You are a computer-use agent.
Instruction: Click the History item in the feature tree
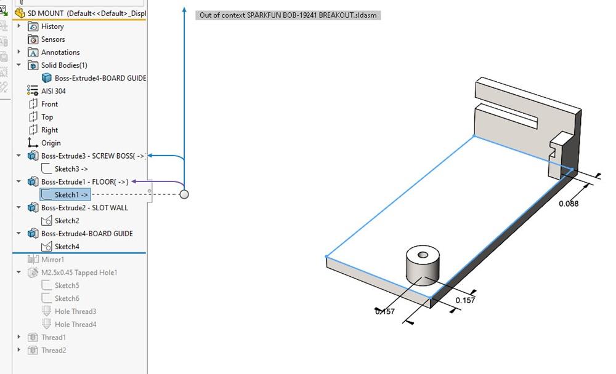click(x=52, y=26)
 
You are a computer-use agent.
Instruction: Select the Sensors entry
click(x=53, y=39)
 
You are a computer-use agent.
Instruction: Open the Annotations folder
click(x=60, y=52)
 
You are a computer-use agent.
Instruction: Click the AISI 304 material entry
click(x=53, y=91)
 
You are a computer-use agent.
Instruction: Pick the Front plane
click(x=49, y=104)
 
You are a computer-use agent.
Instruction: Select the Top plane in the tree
click(x=47, y=117)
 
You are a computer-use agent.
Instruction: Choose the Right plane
click(x=49, y=130)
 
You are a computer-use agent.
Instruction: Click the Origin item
click(x=51, y=143)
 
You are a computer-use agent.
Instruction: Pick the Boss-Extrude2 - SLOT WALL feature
click(x=84, y=208)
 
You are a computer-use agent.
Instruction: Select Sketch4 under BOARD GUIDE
click(x=67, y=247)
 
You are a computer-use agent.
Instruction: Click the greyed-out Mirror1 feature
click(x=53, y=260)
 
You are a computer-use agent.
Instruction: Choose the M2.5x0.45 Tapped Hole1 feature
click(x=79, y=273)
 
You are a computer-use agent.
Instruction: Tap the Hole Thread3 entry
click(x=75, y=311)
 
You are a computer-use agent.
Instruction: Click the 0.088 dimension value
click(x=569, y=204)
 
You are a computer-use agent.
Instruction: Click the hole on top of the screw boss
click(x=423, y=255)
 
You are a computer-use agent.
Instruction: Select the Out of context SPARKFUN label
click(x=288, y=15)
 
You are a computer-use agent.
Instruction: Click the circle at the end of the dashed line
click(x=184, y=194)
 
